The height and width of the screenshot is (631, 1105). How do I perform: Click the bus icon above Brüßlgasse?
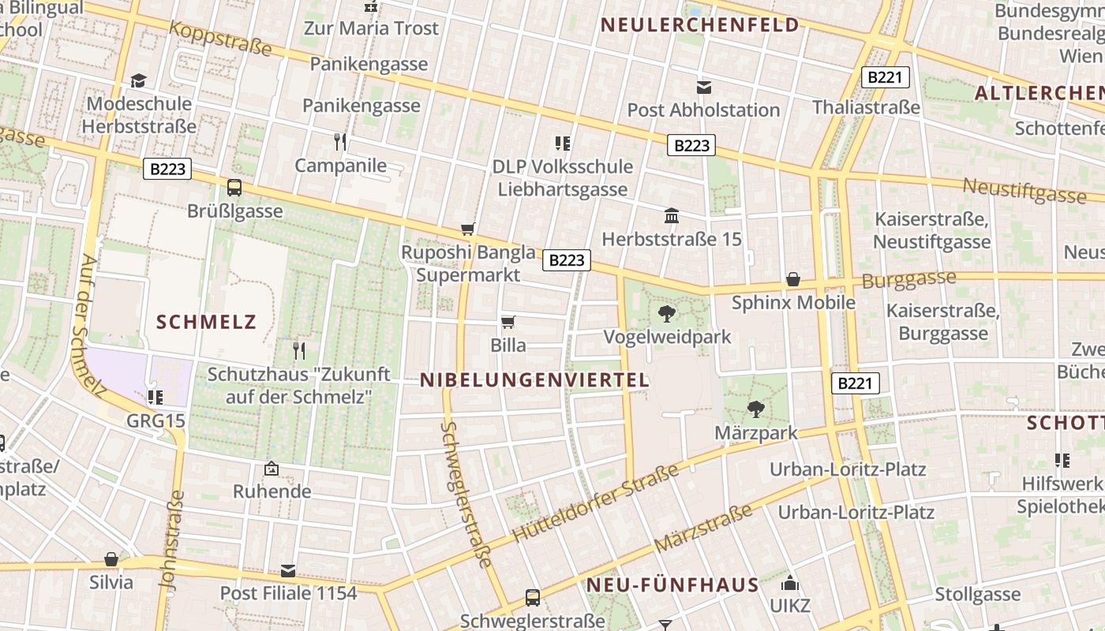(x=234, y=188)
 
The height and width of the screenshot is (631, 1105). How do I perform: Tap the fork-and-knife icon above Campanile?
(x=340, y=142)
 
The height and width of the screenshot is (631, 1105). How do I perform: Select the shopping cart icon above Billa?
(x=508, y=322)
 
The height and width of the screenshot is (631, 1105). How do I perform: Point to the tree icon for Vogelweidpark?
(x=667, y=314)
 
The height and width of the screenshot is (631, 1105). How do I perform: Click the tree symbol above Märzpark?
(x=756, y=409)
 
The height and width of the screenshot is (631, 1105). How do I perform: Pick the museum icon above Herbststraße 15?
(x=672, y=215)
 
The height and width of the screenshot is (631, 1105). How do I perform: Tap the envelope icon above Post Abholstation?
(x=703, y=87)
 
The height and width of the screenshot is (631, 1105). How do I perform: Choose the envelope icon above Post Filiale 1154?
(x=288, y=570)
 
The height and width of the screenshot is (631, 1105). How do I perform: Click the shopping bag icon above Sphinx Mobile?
(x=793, y=280)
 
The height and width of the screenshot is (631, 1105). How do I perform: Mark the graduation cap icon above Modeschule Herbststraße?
(x=139, y=80)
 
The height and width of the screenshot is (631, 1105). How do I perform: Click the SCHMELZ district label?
(x=207, y=322)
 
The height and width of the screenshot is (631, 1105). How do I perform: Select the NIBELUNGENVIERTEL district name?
(x=534, y=380)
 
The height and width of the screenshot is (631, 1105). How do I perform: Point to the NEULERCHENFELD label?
(x=700, y=25)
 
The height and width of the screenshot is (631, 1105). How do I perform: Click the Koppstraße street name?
(x=220, y=39)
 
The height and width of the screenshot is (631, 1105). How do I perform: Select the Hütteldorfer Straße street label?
(x=596, y=503)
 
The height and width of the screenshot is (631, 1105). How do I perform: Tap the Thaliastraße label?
(x=866, y=107)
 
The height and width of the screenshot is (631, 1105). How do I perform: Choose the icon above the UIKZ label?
(x=789, y=584)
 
